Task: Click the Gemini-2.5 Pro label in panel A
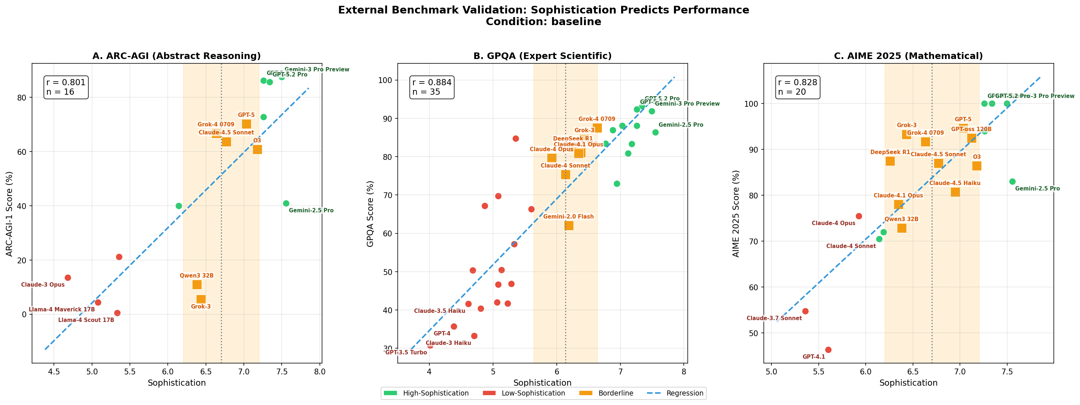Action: (x=311, y=210)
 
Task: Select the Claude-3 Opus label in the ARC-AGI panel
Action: (x=43, y=284)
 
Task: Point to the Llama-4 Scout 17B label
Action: (x=86, y=320)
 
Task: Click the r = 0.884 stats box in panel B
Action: (x=432, y=87)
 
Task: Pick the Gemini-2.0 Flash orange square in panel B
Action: (x=568, y=226)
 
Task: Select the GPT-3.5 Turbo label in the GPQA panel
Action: (x=406, y=352)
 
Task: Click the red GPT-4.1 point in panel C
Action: (x=828, y=350)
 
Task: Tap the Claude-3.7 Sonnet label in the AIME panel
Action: (x=774, y=318)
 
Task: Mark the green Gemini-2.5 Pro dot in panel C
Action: (x=1012, y=182)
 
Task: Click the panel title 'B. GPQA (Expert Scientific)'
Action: (x=542, y=56)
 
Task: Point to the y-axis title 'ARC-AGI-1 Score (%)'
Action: (x=9, y=214)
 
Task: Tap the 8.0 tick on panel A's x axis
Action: (x=320, y=371)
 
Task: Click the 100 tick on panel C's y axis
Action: (x=750, y=104)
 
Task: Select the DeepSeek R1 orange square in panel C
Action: (x=890, y=161)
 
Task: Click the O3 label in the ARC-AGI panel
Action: (x=257, y=141)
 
